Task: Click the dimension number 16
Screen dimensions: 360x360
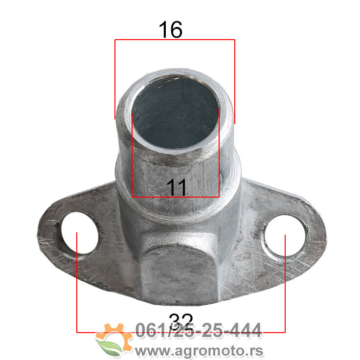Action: (171, 30)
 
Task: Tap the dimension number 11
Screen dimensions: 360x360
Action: (176, 187)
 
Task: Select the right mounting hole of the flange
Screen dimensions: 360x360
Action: (285, 236)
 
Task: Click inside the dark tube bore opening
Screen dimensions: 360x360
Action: (175, 113)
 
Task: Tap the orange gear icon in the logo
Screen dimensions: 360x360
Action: (114, 336)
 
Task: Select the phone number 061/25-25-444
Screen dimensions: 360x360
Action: (199, 330)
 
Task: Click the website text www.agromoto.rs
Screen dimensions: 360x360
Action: (199, 351)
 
